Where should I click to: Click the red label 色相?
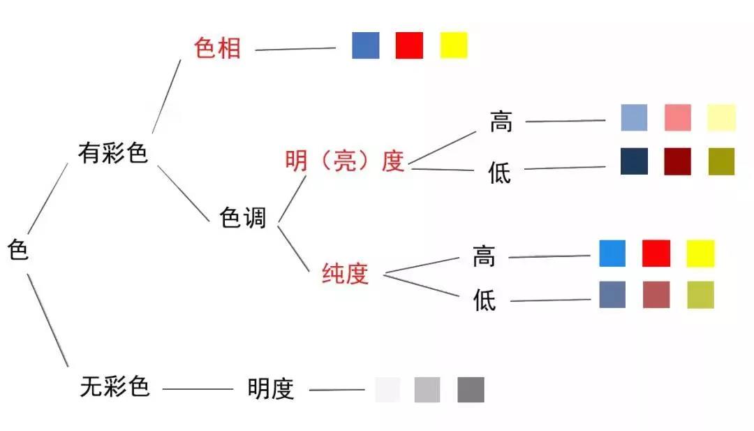217,49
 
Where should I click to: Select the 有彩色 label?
113,153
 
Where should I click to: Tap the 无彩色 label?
115,387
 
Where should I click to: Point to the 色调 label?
243,217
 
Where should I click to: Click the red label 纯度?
346,274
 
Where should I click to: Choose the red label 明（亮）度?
345,161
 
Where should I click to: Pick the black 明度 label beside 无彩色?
271,389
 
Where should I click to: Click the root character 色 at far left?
18,250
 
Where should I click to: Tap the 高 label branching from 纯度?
484,256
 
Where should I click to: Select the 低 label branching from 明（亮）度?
500,173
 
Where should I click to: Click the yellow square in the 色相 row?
454,45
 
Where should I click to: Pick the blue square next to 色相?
366,45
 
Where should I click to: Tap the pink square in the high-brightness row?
678,117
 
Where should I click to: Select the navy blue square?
634,161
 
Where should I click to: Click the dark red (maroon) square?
677,161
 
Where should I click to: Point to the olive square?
722,161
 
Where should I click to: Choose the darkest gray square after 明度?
471,390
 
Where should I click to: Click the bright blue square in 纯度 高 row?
613,254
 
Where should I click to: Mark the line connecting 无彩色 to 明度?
198,389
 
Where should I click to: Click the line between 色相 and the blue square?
295,49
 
